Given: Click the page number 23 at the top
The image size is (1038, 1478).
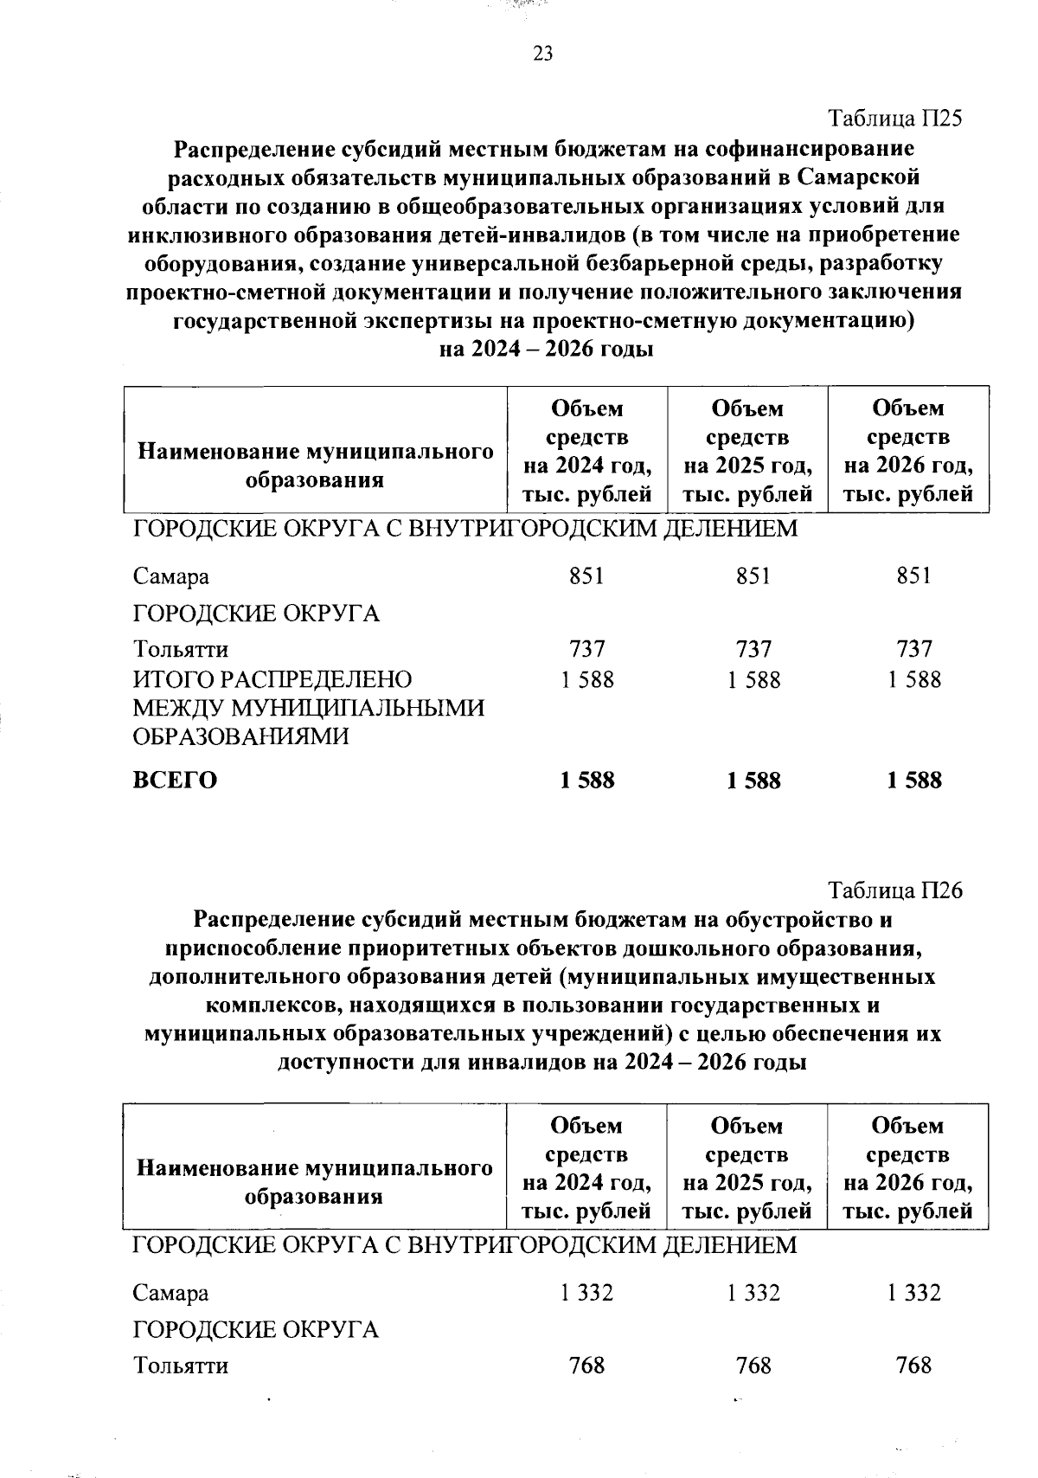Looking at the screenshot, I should coord(542,55).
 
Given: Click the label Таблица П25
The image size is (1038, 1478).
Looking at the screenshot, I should coord(895,119).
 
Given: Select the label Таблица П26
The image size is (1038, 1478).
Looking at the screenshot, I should coord(895,890).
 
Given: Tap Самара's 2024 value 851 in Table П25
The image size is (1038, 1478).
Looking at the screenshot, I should coord(586,576).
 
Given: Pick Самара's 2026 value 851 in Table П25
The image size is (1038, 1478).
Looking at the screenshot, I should coord(914,576).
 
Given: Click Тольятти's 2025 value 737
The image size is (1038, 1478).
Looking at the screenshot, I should coord(753,649).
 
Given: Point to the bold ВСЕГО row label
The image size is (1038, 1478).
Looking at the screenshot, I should coord(175,781).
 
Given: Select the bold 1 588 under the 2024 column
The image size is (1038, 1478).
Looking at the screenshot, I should coord(587,781).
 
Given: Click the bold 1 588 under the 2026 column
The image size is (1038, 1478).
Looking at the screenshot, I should coord(914,781).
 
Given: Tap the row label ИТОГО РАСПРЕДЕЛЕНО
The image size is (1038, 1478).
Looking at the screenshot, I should coord(272,680).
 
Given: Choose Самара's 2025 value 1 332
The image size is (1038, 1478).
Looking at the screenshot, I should coord(753,1294).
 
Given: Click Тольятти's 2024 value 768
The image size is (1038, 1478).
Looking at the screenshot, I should coord(586,1366).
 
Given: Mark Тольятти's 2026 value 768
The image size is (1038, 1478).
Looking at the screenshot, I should coord(914,1366).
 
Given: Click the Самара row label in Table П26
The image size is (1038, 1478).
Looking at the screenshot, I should coord(170,1294).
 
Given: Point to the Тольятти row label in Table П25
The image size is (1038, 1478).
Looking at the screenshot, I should coord(181,649).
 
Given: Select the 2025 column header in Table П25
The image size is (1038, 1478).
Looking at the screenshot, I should coord(748,451).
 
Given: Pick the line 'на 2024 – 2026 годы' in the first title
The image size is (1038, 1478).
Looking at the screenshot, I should coord(546,350).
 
